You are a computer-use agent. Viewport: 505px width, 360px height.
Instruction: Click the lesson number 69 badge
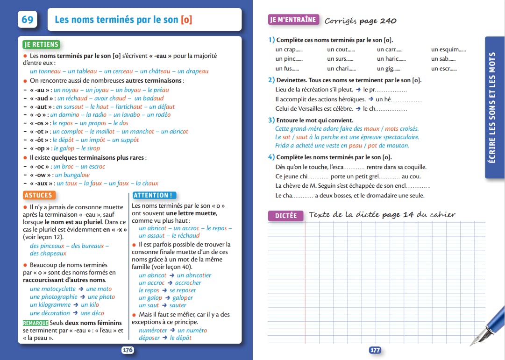(x=28, y=20)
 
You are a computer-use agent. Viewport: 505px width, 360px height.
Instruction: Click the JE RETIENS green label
(x=41, y=45)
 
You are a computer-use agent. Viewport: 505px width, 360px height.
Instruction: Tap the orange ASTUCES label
(x=39, y=195)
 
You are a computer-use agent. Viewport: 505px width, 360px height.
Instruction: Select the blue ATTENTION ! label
(x=154, y=195)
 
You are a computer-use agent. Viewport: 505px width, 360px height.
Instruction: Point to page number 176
(x=128, y=350)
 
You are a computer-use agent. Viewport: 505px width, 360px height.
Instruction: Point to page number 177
(x=375, y=350)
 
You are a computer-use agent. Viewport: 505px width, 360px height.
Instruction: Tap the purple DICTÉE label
(x=285, y=216)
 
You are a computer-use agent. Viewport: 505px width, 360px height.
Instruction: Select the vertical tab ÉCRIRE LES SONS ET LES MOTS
(x=495, y=107)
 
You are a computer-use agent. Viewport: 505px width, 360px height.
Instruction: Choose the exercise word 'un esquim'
(x=448, y=49)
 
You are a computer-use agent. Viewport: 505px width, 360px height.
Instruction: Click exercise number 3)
(x=271, y=120)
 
